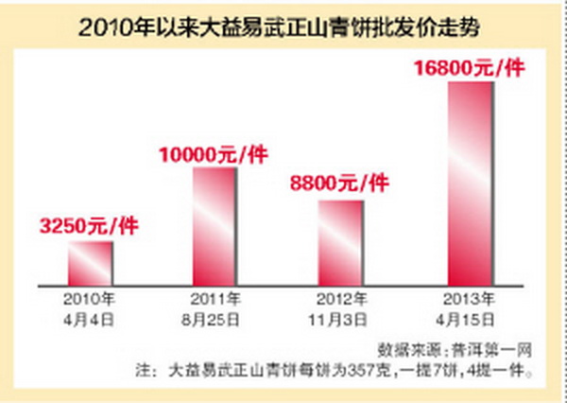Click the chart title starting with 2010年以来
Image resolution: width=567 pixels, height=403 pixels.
pyautogui.click(x=283, y=28)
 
